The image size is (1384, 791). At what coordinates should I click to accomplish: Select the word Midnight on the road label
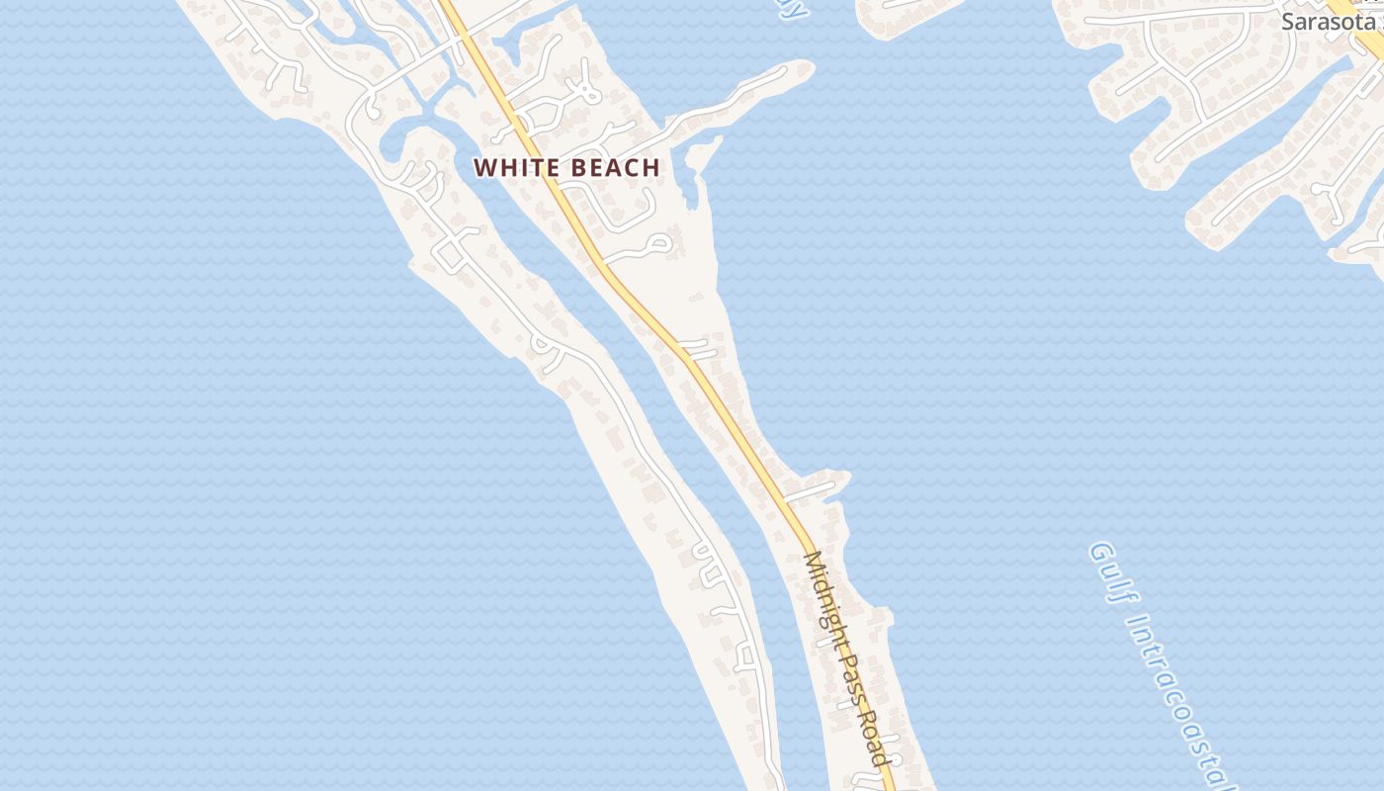822,590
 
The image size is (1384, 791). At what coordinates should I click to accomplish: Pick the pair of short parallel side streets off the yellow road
699,348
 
